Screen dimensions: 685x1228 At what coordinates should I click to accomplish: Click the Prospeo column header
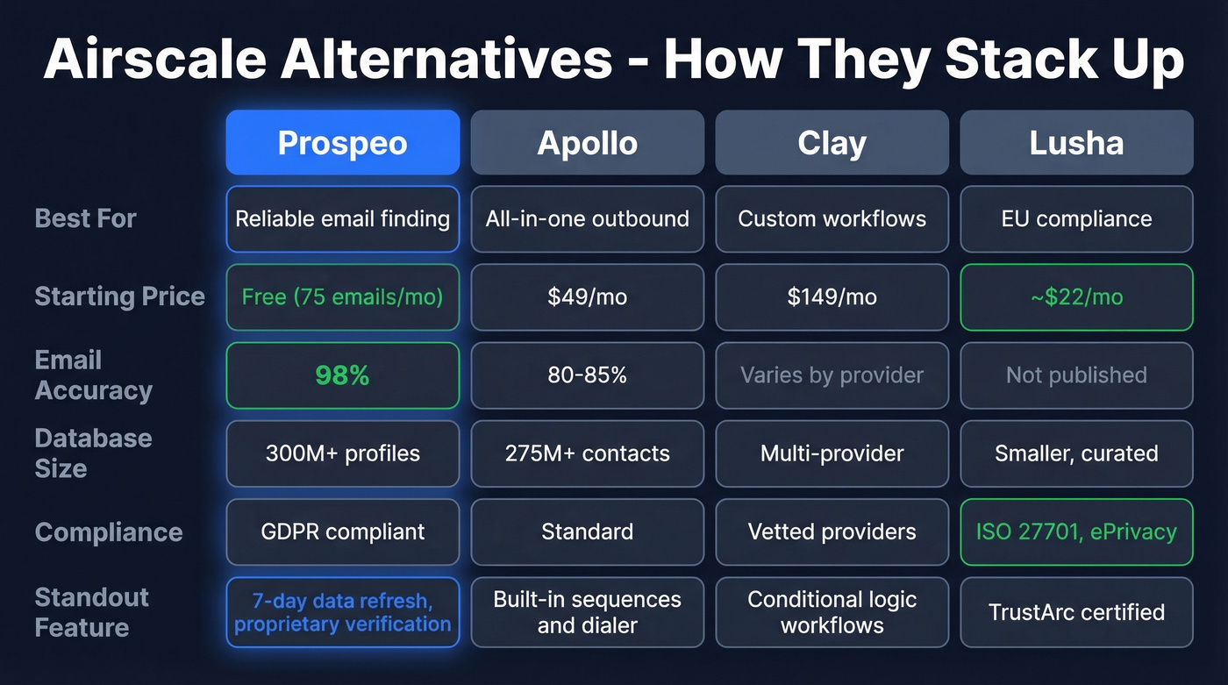tap(342, 143)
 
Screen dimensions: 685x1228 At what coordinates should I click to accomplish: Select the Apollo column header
tap(587, 143)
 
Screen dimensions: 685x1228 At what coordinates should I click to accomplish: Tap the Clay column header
tap(832, 143)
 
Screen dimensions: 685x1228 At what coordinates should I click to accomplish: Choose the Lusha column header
tap(1076, 143)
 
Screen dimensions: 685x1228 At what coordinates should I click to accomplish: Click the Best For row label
tap(86, 218)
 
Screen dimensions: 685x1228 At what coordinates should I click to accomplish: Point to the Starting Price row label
tap(119, 296)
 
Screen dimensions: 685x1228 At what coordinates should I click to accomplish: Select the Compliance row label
tap(109, 532)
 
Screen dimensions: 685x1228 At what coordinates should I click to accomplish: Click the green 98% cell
tap(342, 375)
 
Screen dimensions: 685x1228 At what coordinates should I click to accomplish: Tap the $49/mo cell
tap(587, 297)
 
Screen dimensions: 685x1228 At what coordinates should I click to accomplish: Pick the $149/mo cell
tap(832, 297)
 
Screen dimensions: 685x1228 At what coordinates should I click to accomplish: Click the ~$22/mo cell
tap(1076, 297)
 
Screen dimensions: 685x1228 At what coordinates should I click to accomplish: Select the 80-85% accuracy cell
tap(587, 375)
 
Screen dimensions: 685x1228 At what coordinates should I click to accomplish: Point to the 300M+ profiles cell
tap(342, 453)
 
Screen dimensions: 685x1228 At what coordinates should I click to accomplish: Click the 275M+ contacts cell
tap(587, 453)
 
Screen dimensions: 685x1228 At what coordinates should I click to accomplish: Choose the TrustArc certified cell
tap(1076, 612)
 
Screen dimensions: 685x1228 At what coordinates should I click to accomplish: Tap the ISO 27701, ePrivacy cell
tap(1076, 532)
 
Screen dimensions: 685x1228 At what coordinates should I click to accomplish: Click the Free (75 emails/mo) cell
tap(342, 297)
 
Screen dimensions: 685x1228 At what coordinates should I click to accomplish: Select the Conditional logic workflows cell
tap(832, 612)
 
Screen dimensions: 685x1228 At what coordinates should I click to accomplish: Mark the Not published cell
tap(1076, 375)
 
